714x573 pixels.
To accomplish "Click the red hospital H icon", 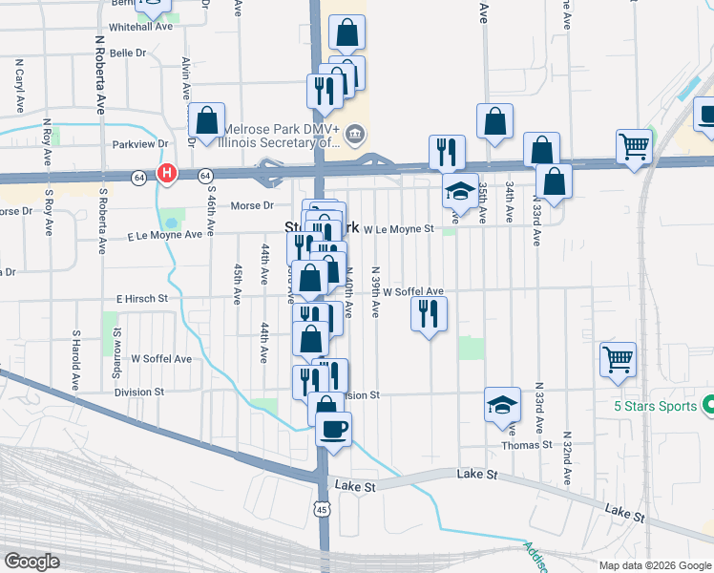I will coord(167,175).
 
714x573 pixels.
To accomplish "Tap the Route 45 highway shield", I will coord(325,512).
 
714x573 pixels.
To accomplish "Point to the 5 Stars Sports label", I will coord(649,405).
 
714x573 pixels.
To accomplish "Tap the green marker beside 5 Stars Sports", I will coord(708,405).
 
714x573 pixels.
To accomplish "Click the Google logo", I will coord(31,562).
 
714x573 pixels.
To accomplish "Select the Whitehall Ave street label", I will coord(140,27).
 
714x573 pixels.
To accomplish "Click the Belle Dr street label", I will coord(128,53).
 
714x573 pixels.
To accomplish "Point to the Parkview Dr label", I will coord(139,144).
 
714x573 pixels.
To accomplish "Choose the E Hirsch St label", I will coord(142,299).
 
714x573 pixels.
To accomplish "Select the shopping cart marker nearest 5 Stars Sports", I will coord(618,359).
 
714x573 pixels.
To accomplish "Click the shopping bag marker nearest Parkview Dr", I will coord(207,120).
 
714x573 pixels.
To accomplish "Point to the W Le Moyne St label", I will coord(399,229).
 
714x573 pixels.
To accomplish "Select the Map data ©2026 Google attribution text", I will coord(654,565).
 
